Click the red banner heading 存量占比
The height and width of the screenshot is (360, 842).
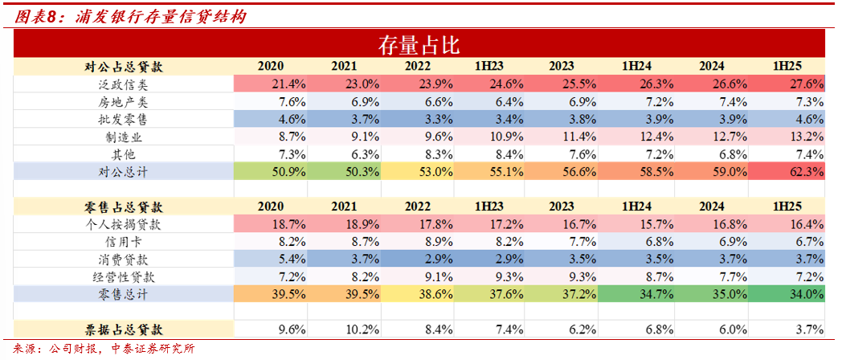[x=418, y=44]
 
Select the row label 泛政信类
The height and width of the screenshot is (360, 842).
[x=124, y=84]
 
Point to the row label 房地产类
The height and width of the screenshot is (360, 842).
[x=124, y=101]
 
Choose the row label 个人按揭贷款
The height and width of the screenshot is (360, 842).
[x=124, y=223]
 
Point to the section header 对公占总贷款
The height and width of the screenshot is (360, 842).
[x=124, y=66]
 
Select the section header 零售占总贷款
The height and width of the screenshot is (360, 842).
[x=124, y=206]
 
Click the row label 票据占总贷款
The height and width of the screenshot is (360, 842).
[x=124, y=329]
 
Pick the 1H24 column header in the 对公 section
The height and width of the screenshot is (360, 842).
[x=636, y=66]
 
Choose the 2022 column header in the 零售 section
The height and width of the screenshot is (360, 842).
[x=417, y=206]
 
